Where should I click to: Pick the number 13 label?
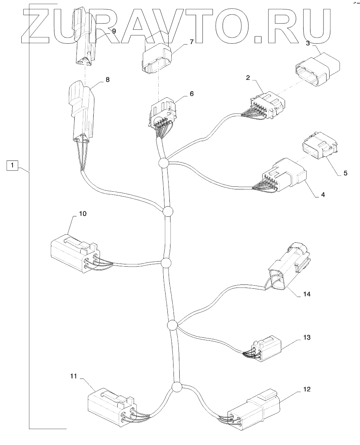pyautogui.click(x=307, y=337)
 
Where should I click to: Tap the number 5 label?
pyautogui.click(x=345, y=173)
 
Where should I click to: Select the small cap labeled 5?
pyautogui.click(x=319, y=152)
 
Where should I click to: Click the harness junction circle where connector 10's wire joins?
pyautogui.click(x=166, y=263)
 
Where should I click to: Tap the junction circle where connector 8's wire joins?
pyautogui.click(x=167, y=211)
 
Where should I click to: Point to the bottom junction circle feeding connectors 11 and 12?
pyautogui.click(x=176, y=387)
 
